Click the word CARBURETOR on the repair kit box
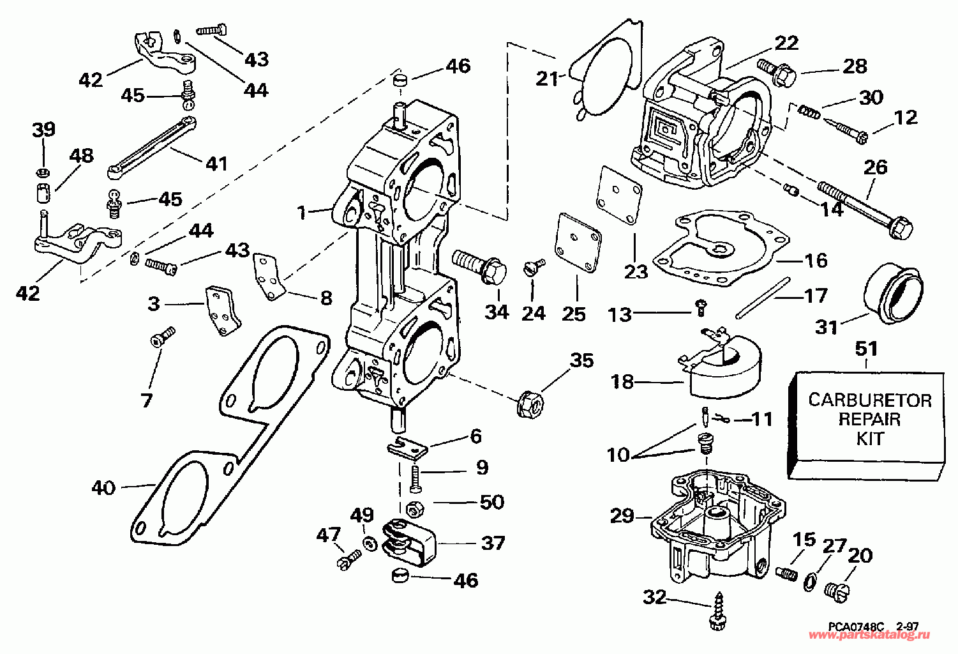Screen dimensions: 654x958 pyautogui.click(x=869, y=400)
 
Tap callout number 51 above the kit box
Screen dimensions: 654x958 pyautogui.click(x=866, y=349)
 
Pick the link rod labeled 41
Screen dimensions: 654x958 pyautogui.click(x=153, y=146)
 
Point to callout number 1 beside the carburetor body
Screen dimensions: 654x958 pyautogui.click(x=303, y=211)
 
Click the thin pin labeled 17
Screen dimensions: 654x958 pyautogui.click(x=763, y=297)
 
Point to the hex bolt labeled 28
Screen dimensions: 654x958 pyautogui.click(x=777, y=72)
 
